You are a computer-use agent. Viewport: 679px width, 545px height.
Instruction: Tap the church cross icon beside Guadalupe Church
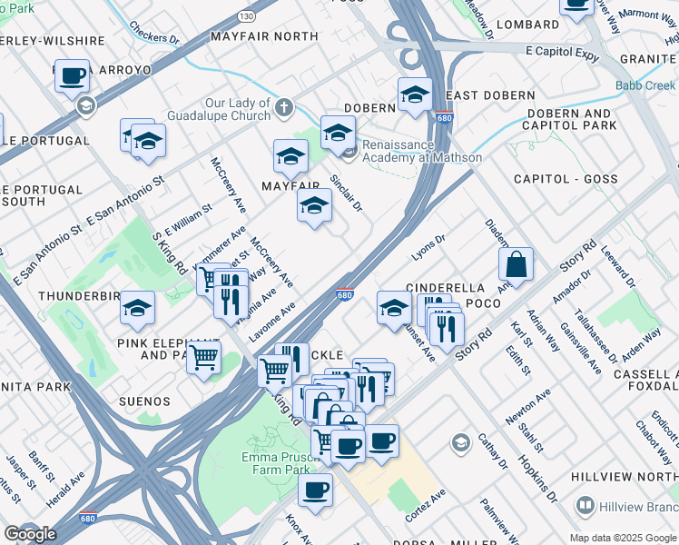click(284, 108)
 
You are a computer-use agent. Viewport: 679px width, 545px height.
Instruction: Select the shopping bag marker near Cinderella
click(516, 264)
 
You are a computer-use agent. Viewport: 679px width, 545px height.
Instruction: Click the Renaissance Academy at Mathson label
click(421, 151)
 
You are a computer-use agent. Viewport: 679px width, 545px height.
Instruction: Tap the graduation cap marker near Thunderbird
click(138, 308)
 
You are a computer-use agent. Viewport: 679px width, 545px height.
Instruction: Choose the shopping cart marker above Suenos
click(203, 357)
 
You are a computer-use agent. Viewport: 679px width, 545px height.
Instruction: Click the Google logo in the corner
click(30, 534)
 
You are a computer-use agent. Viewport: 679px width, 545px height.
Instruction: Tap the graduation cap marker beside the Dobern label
click(415, 94)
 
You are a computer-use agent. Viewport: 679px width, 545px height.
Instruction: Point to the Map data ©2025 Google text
click(622, 538)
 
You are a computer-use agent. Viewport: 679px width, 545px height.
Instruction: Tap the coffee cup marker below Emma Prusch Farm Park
click(315, 490)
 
